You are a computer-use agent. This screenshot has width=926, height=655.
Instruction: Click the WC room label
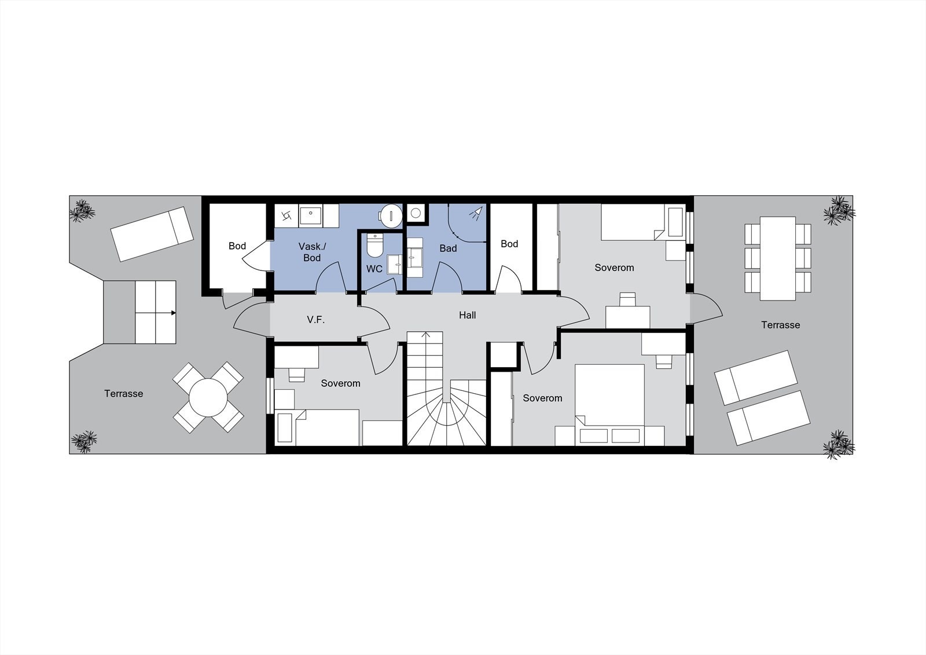pyautogui.click(x=374, y=269)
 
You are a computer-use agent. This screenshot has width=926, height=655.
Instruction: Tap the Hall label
pyautogui.click(x=467, y=315)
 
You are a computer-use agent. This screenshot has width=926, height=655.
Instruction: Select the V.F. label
pyautogui.click(x=315, y=319)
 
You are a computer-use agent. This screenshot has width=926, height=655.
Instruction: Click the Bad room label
pyautogui.click(x=448, y=248)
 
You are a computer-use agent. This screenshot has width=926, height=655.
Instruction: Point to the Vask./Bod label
pyautogui.click(x=312, y=252)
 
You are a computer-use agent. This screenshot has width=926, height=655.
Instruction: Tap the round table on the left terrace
pyautogui.click(x=208, y=397)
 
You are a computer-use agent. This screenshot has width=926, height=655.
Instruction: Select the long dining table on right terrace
pyautogui.click(x=778, y=258)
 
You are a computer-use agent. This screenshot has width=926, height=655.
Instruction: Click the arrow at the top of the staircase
pyautogui.click(x=427, y=335)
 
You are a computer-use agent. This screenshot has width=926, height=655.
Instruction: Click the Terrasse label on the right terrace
pyautogui.click(x=780, y=325)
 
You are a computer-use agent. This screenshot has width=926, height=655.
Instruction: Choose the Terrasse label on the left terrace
pyautogui.click(x=123, y=394)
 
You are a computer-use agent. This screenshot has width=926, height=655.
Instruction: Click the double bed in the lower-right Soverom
pyautogui.click(x=609, y=400)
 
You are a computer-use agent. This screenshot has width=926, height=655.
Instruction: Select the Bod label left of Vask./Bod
pyautogui.click(x=237, y=246)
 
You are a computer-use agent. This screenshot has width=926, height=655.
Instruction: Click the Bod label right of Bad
pyautogui.click(x=509, y=244)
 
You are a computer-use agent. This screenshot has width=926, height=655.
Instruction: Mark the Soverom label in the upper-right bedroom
pyautogui.click(x=614, y=268)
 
